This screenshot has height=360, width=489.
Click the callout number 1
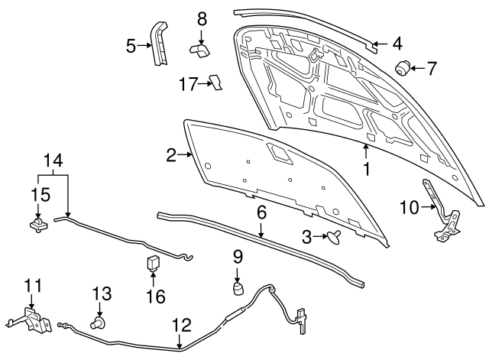(x=367, y=168)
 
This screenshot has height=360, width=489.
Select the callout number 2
(x=172, y=156)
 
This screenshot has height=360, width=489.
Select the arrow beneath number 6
(x=262, y=230)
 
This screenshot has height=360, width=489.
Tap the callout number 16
(x=155, y=296)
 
